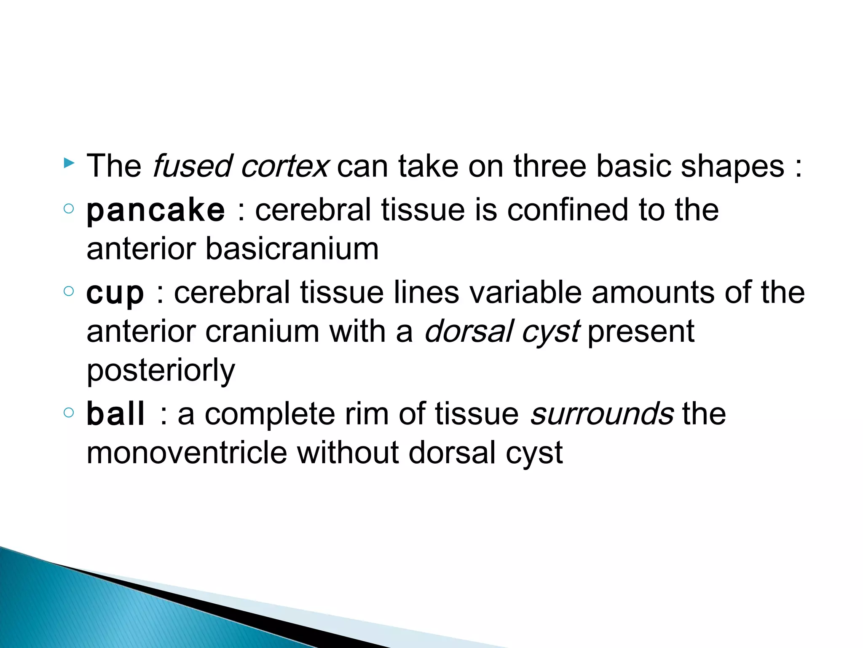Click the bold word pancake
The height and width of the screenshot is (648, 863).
coord(155,211)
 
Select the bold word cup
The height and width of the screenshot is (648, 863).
coord(115,293)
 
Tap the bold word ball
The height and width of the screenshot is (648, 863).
coord(115,414)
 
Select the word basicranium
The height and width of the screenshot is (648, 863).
coord(292,249)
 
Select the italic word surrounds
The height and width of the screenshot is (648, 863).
coord(602,414)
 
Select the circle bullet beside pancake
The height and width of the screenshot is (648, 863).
coord(69,208)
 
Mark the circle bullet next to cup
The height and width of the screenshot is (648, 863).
coord(69,291)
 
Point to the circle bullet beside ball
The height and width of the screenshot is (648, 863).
coord(69,412)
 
